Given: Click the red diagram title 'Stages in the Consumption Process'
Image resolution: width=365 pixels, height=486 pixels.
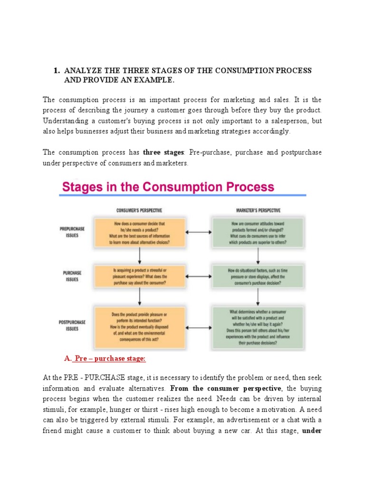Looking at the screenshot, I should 167,187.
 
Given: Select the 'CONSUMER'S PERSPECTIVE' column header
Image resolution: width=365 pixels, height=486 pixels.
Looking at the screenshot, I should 138,210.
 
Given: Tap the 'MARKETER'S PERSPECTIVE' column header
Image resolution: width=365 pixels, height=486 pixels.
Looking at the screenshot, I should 258,210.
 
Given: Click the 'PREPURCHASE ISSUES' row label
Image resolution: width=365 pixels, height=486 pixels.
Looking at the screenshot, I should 72,231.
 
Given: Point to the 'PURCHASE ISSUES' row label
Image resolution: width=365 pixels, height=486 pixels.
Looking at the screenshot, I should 72,276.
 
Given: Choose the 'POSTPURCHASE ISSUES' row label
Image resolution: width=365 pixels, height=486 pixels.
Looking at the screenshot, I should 72,325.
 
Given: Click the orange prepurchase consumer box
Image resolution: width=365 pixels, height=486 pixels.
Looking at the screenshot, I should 139,232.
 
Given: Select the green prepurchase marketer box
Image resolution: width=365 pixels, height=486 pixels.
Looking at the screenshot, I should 258,232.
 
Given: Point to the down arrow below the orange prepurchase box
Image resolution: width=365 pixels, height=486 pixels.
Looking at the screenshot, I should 139,255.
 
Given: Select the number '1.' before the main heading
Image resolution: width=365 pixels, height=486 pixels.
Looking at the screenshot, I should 57,71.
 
